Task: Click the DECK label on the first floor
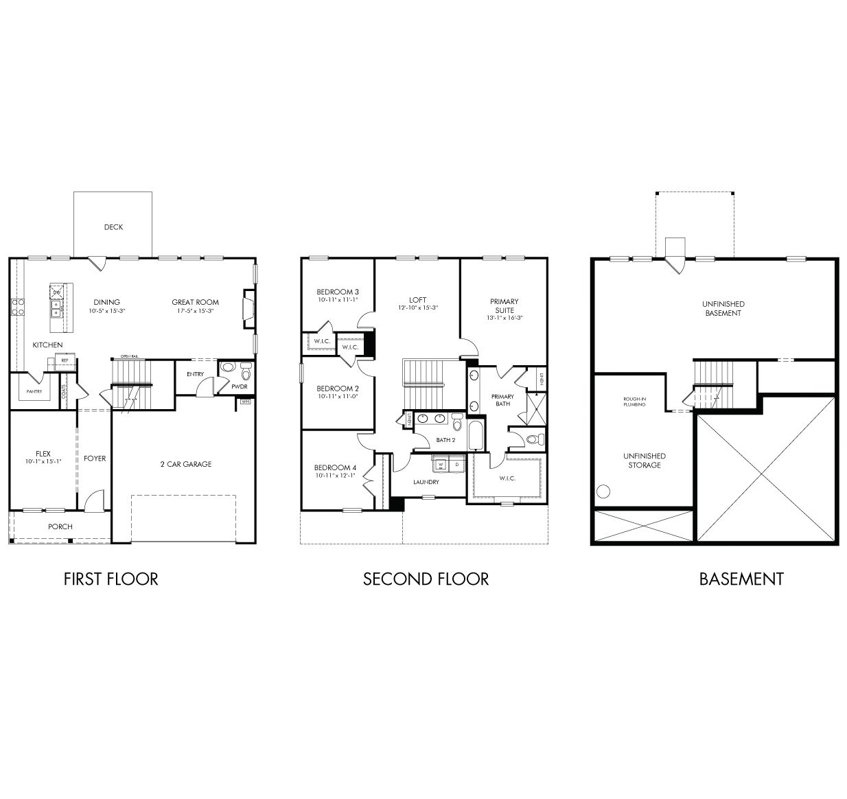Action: [x=113, y=227]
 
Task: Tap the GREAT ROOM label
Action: [x=195, y=302]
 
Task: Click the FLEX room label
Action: [x=43, y=454]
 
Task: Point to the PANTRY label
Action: [x=34, y=391]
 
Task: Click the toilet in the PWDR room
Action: [x=246, y=371]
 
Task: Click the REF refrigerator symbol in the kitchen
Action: [x=65, y=360]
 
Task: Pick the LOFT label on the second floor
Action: [x=417, y=300]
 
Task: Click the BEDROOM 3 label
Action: [x=337, y=292]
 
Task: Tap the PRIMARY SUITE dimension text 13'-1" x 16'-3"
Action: [x=504, y=318]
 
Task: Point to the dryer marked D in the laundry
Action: [x=456, y=465]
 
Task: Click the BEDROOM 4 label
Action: [x=336, y=468]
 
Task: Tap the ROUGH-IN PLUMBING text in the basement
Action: [x=634, y=402]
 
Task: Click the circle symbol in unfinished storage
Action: [x=603, y=491]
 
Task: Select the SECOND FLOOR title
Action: [x=426, y=579]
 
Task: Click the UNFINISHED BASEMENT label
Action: [x=723, y=308]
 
